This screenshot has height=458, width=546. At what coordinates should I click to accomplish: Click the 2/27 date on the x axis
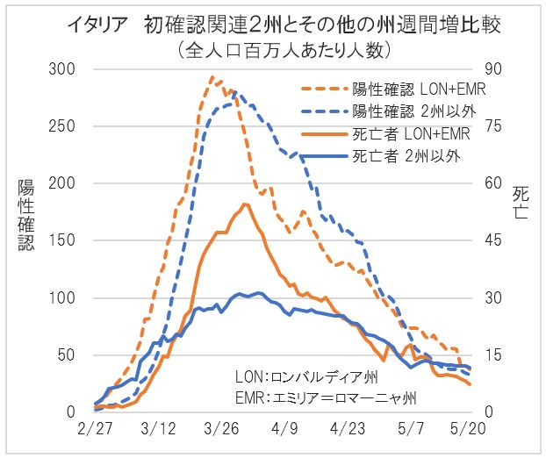(94, 433)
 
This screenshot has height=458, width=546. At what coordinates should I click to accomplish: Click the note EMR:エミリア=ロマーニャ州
(326, 397)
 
